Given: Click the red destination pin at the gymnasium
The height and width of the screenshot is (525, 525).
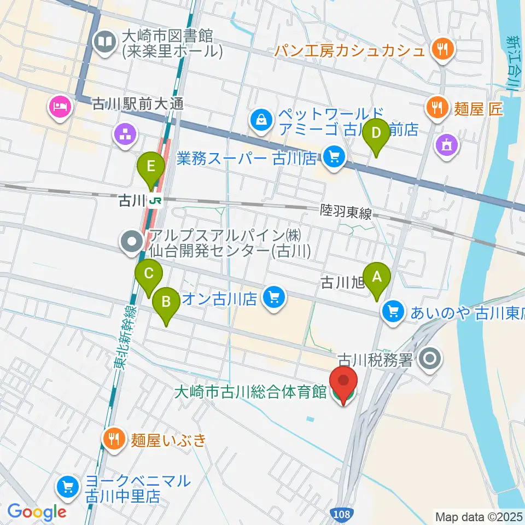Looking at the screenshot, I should click(x=343, y=385).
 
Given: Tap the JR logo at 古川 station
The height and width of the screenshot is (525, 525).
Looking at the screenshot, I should click(x=156, y=201).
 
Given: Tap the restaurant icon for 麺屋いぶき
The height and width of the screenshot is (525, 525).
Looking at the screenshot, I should click(x=114, y=439).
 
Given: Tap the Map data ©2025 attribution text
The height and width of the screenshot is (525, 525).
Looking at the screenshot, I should click(x=477, y=516).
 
